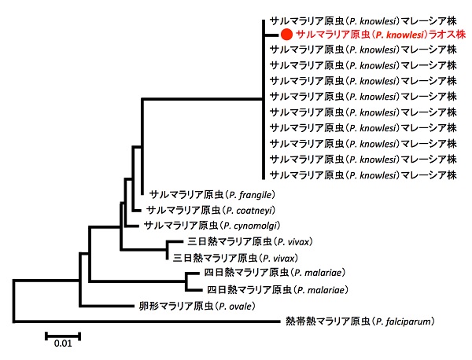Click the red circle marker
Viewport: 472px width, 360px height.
tap(286, 35)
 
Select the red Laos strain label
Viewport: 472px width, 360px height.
tap(381, 35)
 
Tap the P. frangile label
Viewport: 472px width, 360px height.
tap(212, 195)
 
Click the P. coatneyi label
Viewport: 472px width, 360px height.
tap(211, 210)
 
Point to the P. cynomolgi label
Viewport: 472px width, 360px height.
tap(212, 226)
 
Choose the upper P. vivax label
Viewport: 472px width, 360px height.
tap(250, 241)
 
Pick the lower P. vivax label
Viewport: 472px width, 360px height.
tap(235, 258)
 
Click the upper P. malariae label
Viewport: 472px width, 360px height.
tap(275, 273)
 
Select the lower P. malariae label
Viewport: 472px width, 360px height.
tap(278, 290)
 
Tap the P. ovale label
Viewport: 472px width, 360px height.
tap(197, 307)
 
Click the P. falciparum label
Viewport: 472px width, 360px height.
tap(360, 321)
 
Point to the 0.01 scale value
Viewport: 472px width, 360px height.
tap(63, 343)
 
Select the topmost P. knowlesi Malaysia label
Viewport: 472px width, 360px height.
tap(363, 20)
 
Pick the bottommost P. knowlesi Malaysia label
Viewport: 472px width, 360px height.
tap(363, 174)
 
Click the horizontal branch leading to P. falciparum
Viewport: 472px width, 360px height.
tap(146, 321)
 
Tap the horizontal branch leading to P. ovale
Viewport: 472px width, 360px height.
tap(107, 307)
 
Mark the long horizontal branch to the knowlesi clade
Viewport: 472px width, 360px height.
tap(203, 98)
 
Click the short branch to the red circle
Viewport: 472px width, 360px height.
tap(271, 35)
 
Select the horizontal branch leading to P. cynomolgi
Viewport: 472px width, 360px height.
tap(131, 226)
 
